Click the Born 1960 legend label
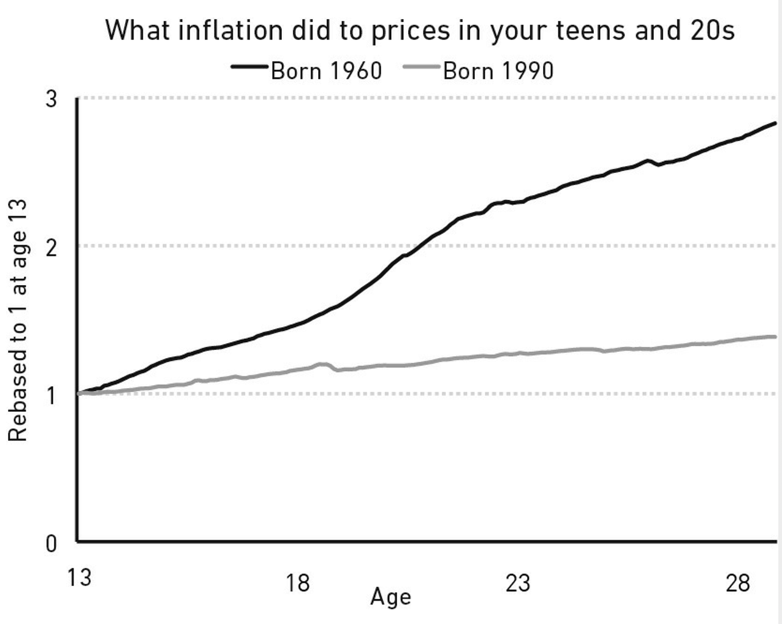[x=326, y=70]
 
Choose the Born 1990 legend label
[x=498, y=70]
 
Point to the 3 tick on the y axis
[x=51, y=99]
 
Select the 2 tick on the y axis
[x=51, y=247]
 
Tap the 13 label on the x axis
[x=79, y=577]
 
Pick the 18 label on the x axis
[x=297, y=583]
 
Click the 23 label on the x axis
[x=517, y=583]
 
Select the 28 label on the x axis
[x=737, y=583]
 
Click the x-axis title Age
[x=390, y=597]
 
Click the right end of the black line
[x=775, y=124]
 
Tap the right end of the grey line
[x=775, y=337]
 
